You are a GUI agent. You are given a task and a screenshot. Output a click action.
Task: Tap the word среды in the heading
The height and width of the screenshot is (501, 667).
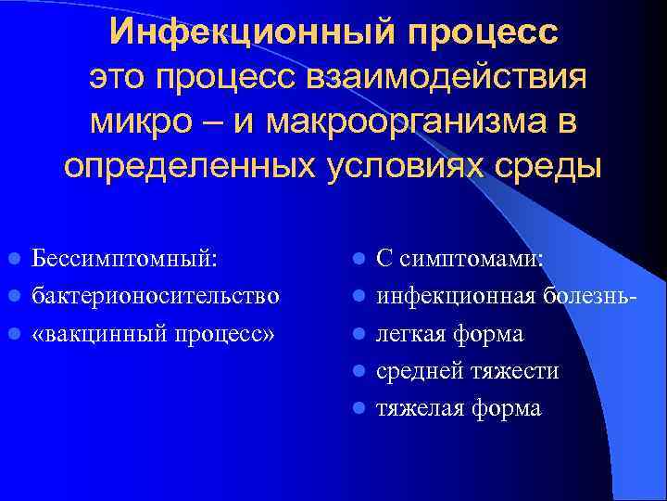(557, 166)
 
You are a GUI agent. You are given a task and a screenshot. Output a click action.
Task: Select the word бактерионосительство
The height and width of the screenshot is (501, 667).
(156, 296)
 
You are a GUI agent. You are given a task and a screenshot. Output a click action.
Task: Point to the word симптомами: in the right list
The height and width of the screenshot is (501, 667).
(473, 258)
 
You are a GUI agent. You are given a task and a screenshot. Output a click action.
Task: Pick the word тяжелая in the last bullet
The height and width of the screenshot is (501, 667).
(422, 408)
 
